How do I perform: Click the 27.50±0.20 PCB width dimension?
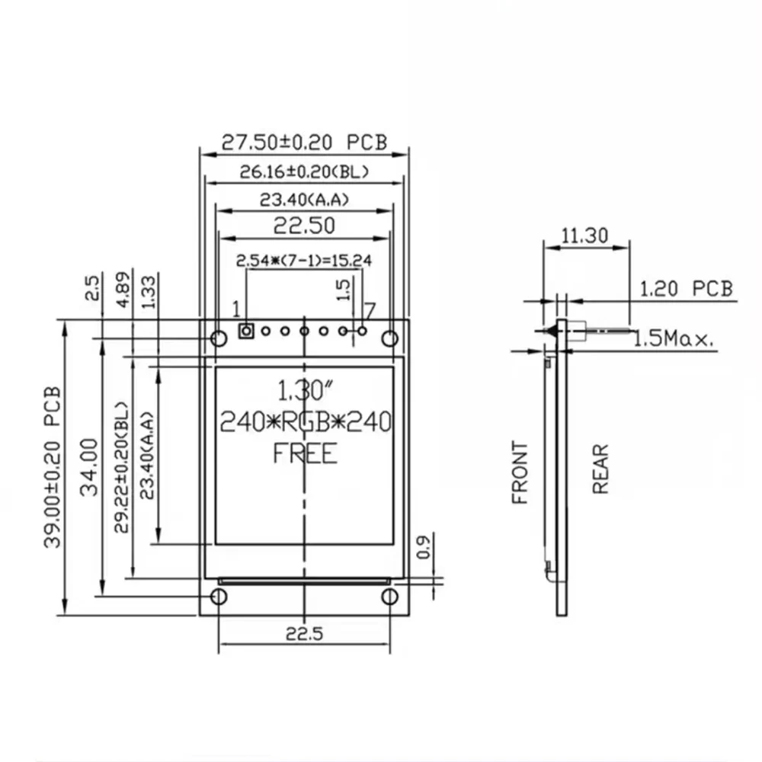(x=304, y=142)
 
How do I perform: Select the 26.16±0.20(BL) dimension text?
(x=304, y=172)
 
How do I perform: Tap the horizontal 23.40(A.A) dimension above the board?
(x=304, y=200)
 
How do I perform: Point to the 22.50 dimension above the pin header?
(x=304, y=226)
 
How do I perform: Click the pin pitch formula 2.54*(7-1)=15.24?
(x=304, y=260)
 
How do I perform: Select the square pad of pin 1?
(x=246, y=331)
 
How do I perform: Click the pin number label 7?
(x=370, y=310)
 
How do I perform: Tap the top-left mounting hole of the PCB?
(x=218, y=338)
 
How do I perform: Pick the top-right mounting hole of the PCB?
(x=390, y=338)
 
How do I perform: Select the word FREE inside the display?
(x=305, y=454)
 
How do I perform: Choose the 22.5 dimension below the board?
(x=304, y=633)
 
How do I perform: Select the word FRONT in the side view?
(x=520, y=472)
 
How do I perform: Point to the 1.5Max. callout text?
(x=674, y=338)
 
